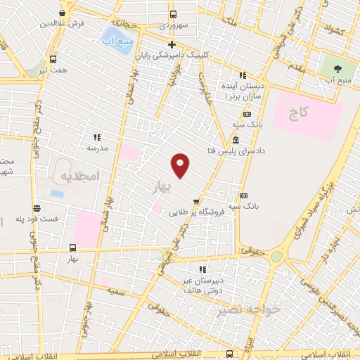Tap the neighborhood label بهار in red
point(161,186)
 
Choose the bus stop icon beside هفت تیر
point(53,59)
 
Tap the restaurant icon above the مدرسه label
point(97,137)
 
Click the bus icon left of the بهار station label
point(72,247)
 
